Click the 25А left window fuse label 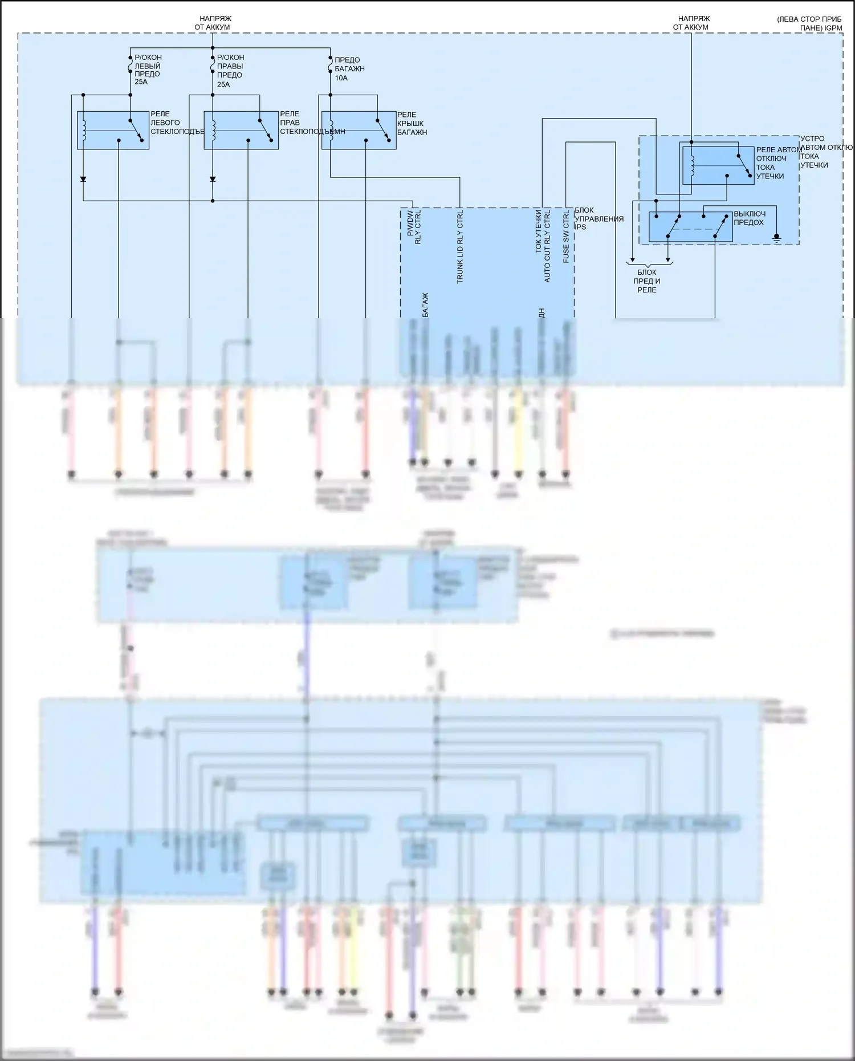click(141, 82)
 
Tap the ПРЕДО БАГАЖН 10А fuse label click(349, 69)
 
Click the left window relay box click(113, 131)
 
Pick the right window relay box click(241, 131)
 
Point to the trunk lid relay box click(359, 131)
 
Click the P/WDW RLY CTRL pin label click(414, 227)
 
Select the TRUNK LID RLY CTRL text click(460, 247)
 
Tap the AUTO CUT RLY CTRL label click(547, 245)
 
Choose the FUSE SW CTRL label click(566, 237)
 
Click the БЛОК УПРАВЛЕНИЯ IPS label click(598, 219)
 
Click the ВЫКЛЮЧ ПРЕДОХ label click(749, 218)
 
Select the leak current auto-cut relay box click(718, 165)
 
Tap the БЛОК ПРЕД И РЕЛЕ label click(647, 281)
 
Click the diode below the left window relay click(83, 179)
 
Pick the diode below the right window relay click(213, 179)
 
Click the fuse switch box click(690, 227)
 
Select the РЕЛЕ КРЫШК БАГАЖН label click(412, 124)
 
